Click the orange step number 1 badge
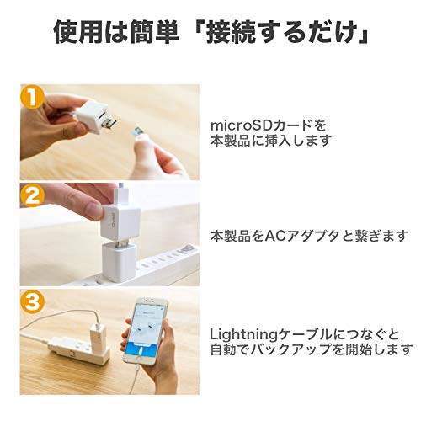click(32, 97)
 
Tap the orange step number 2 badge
click(32, 195)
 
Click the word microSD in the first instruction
click(242, 125)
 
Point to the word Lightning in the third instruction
click(242, 335)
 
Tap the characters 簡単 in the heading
click(154, 32)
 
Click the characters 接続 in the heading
click(231, 32)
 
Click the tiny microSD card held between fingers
click(138, 131)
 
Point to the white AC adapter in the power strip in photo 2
click(119, 261)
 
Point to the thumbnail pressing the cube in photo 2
click(94, 210)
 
